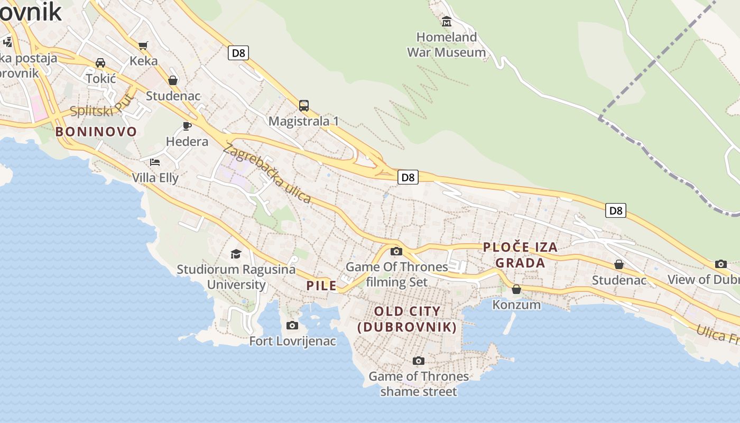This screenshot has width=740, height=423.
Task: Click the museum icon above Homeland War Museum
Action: click(x=447, y=22)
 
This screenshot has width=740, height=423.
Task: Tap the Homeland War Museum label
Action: click(x=447, y=45)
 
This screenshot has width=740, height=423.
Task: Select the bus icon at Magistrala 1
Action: click(x=303, y=106)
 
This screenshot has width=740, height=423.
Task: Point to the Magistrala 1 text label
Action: click(x=303, y=121)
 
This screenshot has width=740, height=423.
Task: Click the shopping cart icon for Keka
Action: click(x=143, y=45)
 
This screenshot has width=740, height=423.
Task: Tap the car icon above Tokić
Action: click(x=100, y=63)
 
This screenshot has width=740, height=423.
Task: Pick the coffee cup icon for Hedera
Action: click(x=187, y=126)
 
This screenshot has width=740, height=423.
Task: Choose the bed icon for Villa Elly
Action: click(x=154, y=162)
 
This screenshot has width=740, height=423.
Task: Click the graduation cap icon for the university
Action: click(x=236, y=254)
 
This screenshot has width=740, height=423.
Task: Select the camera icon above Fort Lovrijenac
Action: click(x=292, y=325)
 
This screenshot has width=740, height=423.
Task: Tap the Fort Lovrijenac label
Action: click(x=292, y=341)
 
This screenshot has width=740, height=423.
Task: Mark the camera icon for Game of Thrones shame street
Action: click(x=418, y=361)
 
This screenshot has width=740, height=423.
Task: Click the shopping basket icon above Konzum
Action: click(x=516, y=289)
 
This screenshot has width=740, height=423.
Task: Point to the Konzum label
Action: click(x=516, y=305)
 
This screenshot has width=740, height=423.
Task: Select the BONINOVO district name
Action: click(x=96, y=132)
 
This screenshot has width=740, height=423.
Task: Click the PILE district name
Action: click(x=321, y=286)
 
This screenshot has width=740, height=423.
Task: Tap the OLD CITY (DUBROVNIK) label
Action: click(x=407, y=319)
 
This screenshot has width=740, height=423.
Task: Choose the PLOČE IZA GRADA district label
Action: click(x=520, y=255)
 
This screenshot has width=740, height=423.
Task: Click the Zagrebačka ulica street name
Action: click(x=267, y=173)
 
